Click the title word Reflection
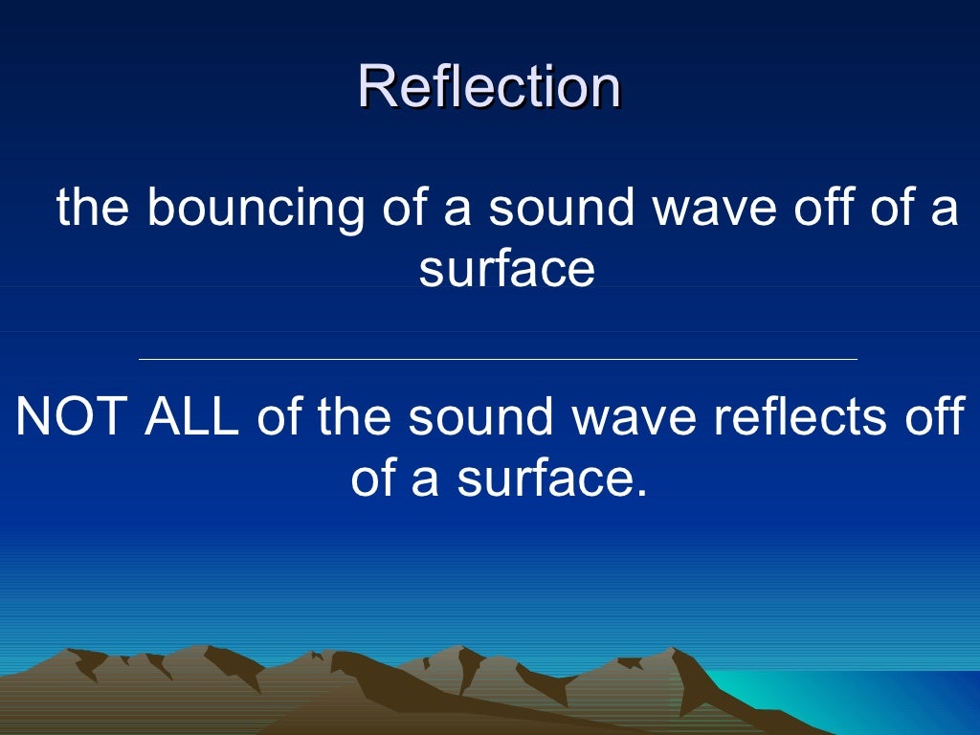[x=489, y=87]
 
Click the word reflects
[x=791, y=417]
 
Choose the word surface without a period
[x=506, y=269]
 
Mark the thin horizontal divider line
[x=498, y=360]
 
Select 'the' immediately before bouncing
[x=92, y=210]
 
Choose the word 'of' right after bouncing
[x=403, y=210]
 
